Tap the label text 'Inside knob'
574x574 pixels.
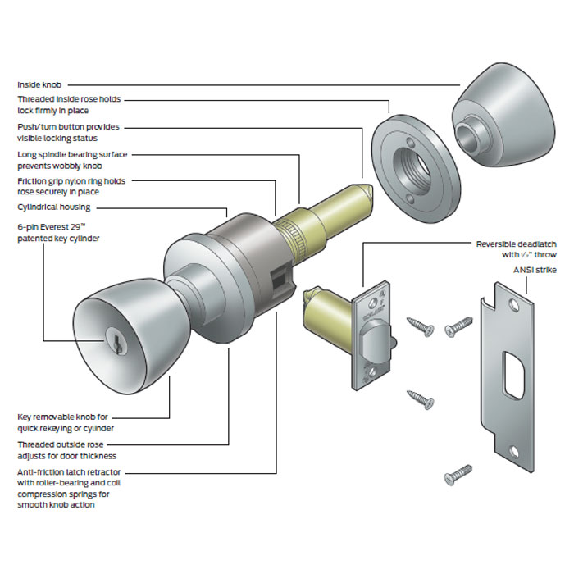coord(40,84)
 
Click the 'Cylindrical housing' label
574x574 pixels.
coord(54,207)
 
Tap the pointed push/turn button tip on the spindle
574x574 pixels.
coord(367,192)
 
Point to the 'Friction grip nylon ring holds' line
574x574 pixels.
coord(71,181)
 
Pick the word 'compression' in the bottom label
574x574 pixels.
coord(45,494)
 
